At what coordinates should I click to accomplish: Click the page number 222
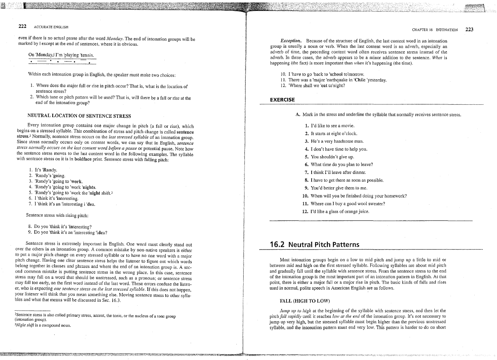coord(23,26)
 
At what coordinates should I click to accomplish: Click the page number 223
coord(469,29)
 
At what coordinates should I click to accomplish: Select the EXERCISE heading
coord(282,100)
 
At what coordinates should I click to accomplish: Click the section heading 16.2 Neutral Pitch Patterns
coord(314,245)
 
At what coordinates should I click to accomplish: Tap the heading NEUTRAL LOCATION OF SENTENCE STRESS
coord(79,116)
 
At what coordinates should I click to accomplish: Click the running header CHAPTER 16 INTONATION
coord(435,30)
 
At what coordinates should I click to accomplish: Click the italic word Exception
coord(291,41)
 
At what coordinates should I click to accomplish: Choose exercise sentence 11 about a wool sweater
coord(344,203)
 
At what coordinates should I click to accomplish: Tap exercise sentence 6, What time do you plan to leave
coord(338,165)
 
